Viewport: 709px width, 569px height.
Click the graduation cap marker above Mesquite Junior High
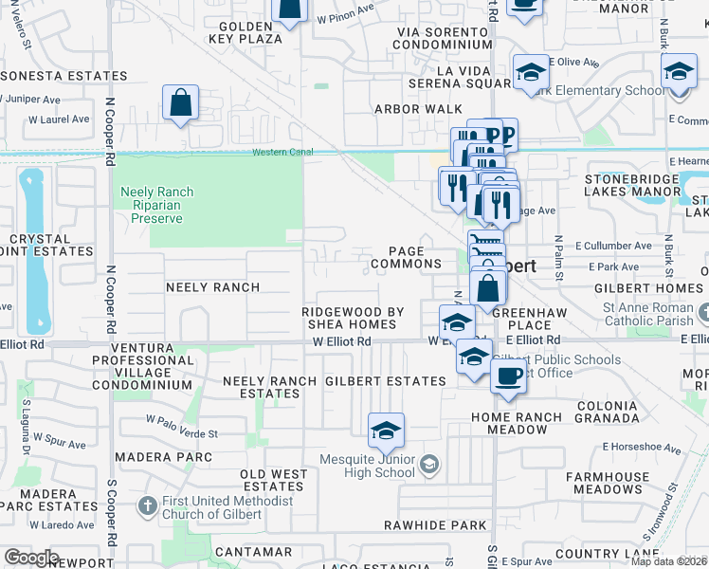(386, 431)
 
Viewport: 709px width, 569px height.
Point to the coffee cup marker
(508, 376)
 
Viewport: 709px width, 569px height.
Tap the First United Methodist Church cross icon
(147, 506)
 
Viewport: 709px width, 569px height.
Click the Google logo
(32, 559)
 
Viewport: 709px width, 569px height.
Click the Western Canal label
(282, 154)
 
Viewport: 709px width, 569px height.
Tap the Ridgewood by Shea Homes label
(353, 318)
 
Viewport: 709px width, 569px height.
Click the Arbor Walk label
(418, 109)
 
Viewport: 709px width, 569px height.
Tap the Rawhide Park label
(422, 524)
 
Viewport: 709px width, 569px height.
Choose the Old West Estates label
(273, 480)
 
